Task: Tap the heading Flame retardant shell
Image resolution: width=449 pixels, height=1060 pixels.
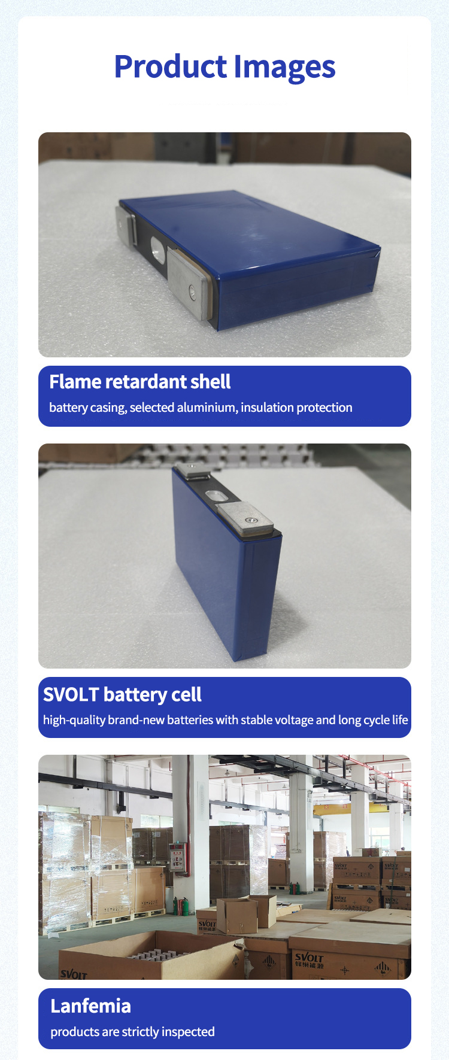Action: point(139,382)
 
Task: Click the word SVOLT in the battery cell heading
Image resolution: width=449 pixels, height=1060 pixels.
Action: point(71,694)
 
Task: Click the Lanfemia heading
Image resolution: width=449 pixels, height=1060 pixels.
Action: point(90,1006)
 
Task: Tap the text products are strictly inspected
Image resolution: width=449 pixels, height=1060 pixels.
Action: point(132,1032)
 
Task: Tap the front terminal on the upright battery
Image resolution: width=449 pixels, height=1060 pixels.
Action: point(247,519)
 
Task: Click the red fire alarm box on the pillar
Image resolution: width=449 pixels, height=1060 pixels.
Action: point(177,856)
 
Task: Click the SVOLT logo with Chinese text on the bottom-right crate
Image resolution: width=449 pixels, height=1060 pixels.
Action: point(309,961)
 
